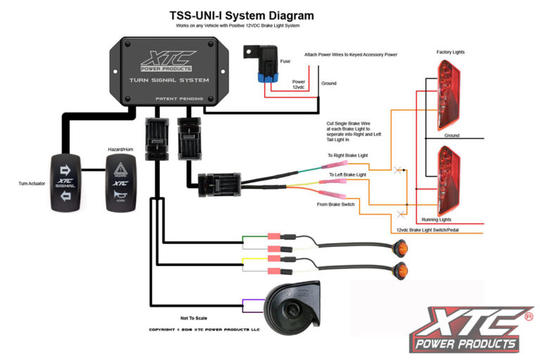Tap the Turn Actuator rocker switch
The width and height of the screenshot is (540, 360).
click(x=69, y=181)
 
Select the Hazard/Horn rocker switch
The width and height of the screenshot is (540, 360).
click(x=120, y=182)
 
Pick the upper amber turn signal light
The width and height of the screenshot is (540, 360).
click(x=401, y=247)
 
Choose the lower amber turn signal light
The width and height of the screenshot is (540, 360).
click(x=401, y=270)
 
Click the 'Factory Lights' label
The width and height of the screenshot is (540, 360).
click(x=449, y=52)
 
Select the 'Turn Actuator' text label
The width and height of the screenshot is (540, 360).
click(x=32, y=183)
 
